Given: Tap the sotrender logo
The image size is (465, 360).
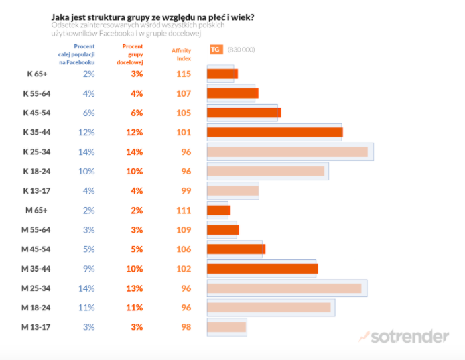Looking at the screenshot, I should (404, 336).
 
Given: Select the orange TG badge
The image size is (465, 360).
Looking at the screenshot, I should (215, 50).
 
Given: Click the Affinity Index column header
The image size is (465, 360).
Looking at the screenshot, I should (181, 54).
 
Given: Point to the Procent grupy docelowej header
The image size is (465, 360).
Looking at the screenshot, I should (133, 54).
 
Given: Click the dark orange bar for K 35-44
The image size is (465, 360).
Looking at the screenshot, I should (275, 132).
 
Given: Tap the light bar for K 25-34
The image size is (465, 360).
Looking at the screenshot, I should (287, 152).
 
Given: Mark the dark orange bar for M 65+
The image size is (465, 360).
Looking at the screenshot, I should (218, 211).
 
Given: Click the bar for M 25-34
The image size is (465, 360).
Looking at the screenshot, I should (284, 288).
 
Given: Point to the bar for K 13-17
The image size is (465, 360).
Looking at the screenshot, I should (232, 190).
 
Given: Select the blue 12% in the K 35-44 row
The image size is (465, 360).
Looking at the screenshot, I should (86, 132).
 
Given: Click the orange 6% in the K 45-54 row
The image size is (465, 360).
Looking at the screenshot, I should (137, 113).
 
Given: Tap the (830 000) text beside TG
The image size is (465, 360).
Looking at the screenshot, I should (241, 50).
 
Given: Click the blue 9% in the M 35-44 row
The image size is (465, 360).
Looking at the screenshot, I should (88, 269).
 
